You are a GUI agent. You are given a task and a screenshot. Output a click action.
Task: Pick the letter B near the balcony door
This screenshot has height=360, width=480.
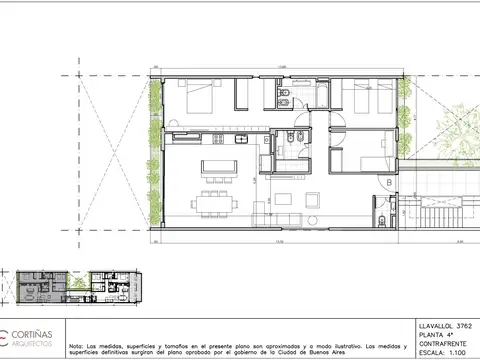point(387,183)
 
